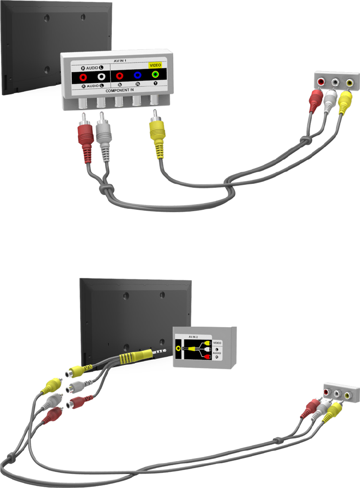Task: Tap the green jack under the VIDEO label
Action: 156,75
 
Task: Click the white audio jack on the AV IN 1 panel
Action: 101,76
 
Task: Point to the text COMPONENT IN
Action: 117,91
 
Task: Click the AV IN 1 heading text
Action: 117,59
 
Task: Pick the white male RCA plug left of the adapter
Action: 53,401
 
